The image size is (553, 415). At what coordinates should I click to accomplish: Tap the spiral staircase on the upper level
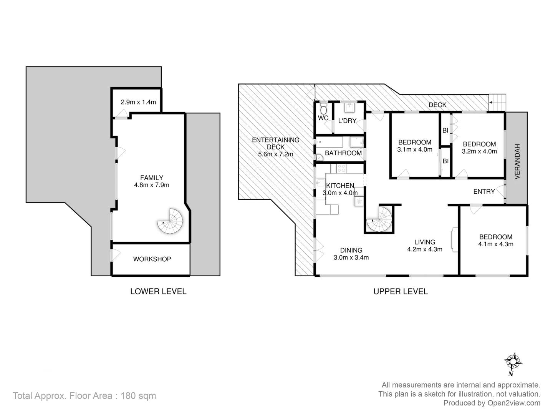click(379, 219)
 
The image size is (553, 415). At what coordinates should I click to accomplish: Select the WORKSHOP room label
click(152, 259)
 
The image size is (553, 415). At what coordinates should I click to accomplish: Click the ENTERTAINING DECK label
click(275, 143)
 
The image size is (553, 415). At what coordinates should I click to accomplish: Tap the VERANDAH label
click(517, 161)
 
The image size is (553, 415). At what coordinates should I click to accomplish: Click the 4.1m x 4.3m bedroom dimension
click(496, 244)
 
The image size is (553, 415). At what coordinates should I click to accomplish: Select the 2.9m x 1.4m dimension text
click(138, 102)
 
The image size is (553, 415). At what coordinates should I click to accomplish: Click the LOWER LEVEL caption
click(158, 291)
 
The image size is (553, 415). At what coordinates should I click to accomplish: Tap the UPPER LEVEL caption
click(400, 291)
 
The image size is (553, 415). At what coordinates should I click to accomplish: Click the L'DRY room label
click(347, 121)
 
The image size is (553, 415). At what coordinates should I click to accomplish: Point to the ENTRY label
click(484, 191)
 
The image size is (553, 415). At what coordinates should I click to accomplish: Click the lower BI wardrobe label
click(445, 161)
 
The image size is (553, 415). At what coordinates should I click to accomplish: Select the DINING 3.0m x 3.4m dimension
click(351, 257)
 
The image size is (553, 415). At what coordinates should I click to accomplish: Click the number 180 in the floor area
click(129, 395)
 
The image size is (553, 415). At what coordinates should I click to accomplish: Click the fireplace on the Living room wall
click(454, 240)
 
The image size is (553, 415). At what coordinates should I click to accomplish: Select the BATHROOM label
click(343, 153)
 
